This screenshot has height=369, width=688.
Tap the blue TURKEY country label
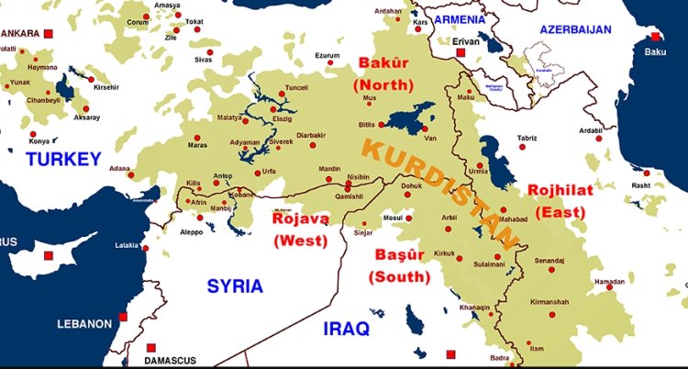tap(63, 159)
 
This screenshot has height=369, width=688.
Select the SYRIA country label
tap(234, 285)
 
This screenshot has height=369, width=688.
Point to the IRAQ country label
tap(346, 328)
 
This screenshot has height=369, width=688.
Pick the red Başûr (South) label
tap(399, 263)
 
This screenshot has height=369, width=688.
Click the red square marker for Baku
tap(655, 37)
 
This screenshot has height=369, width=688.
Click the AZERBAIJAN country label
tap(575, 29)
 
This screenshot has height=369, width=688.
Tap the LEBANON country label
tap(84, 324)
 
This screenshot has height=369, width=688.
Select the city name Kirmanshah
tap(556, 301)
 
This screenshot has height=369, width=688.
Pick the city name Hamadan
tap(612, 282)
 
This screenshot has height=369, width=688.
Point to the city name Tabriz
tap(527, 139)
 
